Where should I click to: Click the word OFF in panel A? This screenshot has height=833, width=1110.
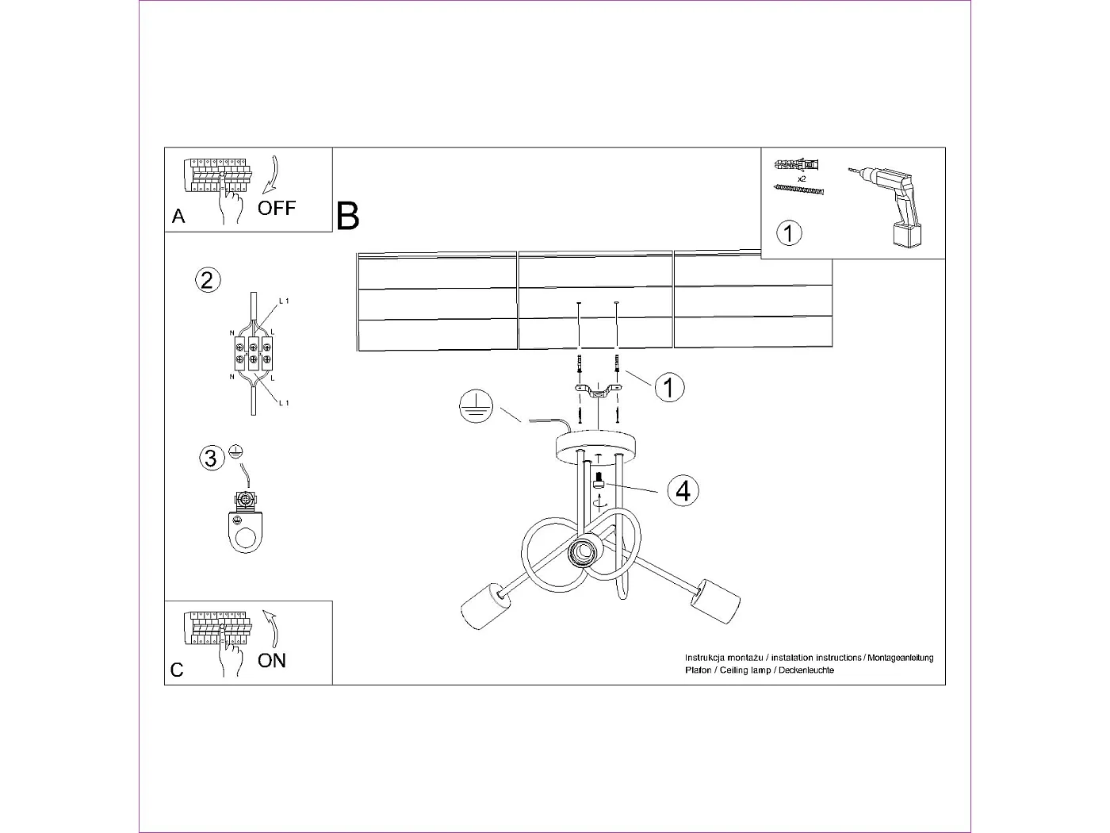tap(276, 208)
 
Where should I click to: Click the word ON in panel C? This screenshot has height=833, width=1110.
tap(272, 660)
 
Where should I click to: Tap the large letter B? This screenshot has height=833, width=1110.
tap(347, 216)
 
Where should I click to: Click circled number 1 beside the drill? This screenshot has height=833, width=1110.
tap(788, 233)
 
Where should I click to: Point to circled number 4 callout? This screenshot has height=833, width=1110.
tap(683, 490)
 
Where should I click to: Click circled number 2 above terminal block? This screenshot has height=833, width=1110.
tap(207, 280)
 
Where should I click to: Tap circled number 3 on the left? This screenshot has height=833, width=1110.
tap(210, 459)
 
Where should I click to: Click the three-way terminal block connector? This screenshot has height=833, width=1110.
tap(253, 354)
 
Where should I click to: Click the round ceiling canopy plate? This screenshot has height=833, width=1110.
tap(596, 446)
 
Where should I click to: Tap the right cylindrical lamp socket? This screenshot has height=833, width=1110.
tap(714, 602)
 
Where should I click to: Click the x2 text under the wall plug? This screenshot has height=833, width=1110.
tap(802, 179)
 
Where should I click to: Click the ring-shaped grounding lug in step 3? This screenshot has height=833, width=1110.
tap(247, 533)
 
